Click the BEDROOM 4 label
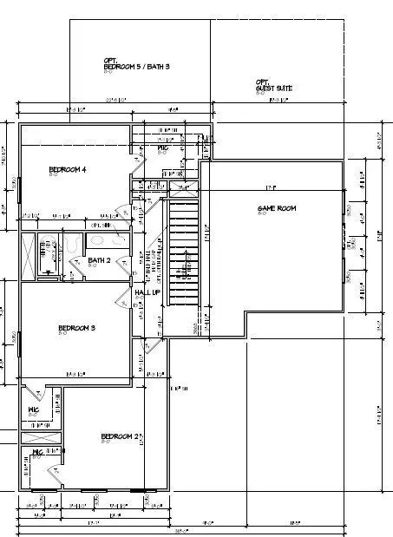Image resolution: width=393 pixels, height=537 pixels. pos(67,169)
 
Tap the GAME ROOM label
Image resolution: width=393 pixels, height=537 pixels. pos(277,208)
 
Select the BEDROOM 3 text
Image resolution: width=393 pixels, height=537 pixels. pos(76,327)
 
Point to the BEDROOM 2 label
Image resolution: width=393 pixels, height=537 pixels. pos(120,435)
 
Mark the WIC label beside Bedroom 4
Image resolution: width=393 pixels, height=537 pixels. pos(162,149)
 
